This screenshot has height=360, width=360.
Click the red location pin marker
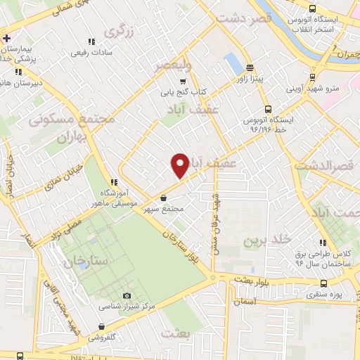[x=181, y=165]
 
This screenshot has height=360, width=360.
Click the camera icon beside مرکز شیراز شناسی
[x=127, y=296]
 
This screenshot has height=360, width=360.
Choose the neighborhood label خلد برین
[x=266, y=240]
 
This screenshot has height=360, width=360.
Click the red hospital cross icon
[x=6, y=38]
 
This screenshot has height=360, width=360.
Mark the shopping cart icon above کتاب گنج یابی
[x=183, y=82]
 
